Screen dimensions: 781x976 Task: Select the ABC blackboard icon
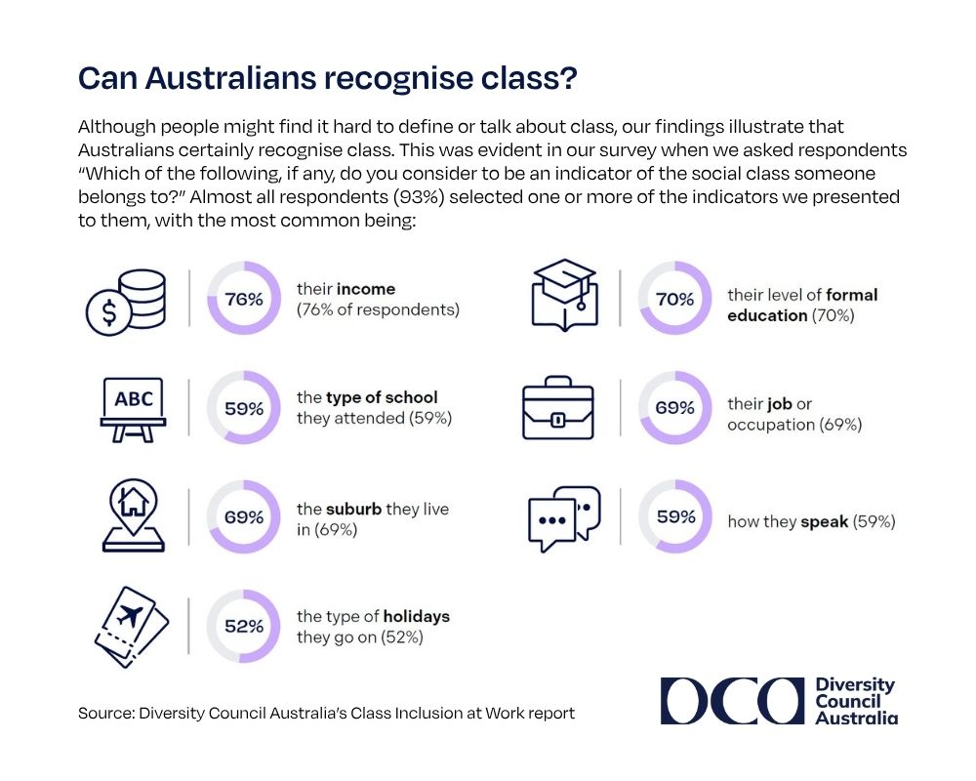(x=133, y=409)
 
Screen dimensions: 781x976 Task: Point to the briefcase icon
(x=558, y=408)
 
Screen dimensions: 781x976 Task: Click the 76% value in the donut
(x=244, y=300)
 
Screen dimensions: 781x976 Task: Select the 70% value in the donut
(x=674, y=300)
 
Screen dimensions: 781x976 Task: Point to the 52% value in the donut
(x=244, y=627)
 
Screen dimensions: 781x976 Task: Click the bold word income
(x=366, y=290)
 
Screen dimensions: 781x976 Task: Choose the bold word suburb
(x=353, y=509)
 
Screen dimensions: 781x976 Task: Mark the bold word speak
(x=824, y=521)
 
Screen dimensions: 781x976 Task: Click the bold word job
(x=780, y=404)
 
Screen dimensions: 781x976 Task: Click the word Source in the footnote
(x=103, y=713)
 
